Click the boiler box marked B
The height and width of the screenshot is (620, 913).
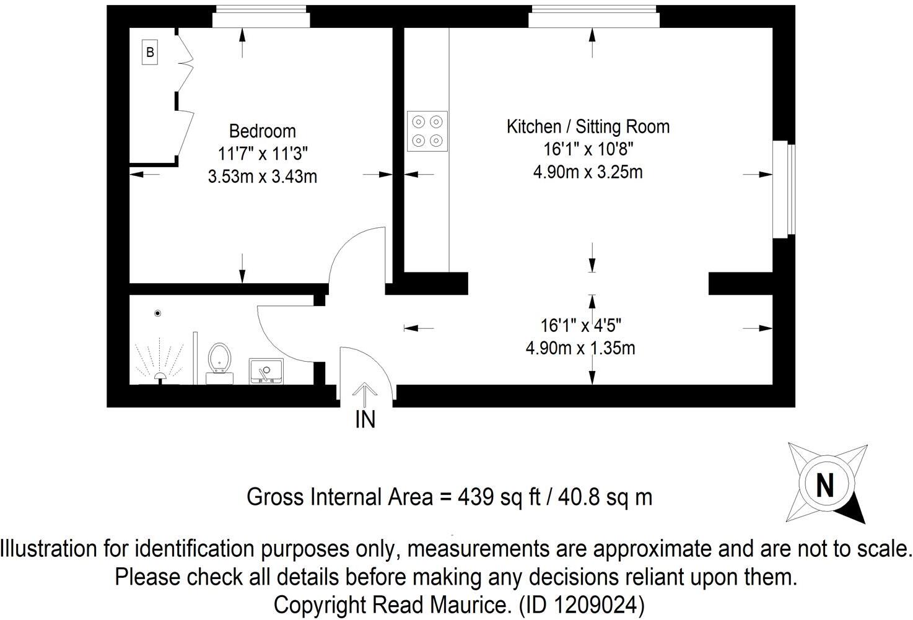pyautogui.click(x=149, y=52)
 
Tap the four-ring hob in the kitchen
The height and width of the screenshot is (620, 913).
pyautogui.click(x=427, y=131)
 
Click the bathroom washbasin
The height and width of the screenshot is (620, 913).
pyautogui.click(x=266, y=371)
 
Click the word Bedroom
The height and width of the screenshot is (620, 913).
pyautogui.click(x=263, y=131)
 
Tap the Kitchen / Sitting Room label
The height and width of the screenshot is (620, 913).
pyautogui.click(x=588, y=127)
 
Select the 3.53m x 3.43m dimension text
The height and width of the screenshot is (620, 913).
pyautogui.click(x=263, y=177)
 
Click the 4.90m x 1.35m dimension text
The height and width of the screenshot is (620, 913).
pyautogui.click(x=580, y=348)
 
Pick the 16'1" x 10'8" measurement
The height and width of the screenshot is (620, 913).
pyautogui.click(x=588, y=149)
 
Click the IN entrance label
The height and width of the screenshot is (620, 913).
pyautogui.click(x=365, y=419)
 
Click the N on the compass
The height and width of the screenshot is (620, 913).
pyautogui.click(x=825, y=485)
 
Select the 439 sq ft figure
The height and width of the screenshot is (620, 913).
pyautogui.click(x=499, y=497)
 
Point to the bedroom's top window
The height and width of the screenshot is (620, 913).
pyautogui.click(x=261, y=17)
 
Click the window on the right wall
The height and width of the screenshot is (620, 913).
pyautogui.click(x=784, y=189)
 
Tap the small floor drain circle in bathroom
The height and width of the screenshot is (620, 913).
pyautogui.click(x=158, y=313)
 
